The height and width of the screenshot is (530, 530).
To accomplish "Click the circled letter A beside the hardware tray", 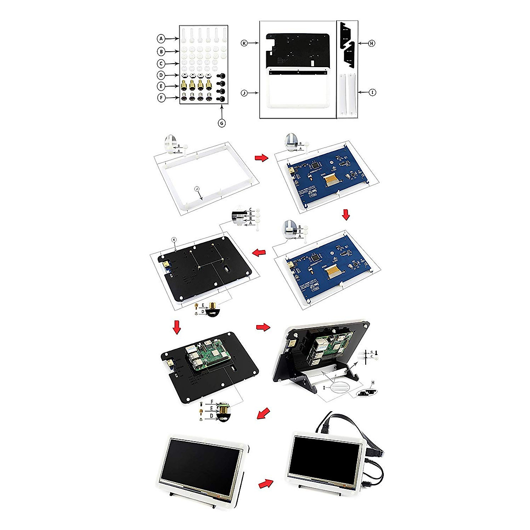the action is tap(162, 39).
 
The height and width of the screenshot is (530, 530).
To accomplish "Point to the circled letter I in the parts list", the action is tap(373, 93).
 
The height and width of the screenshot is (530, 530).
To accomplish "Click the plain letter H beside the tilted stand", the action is tap(373, 382).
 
